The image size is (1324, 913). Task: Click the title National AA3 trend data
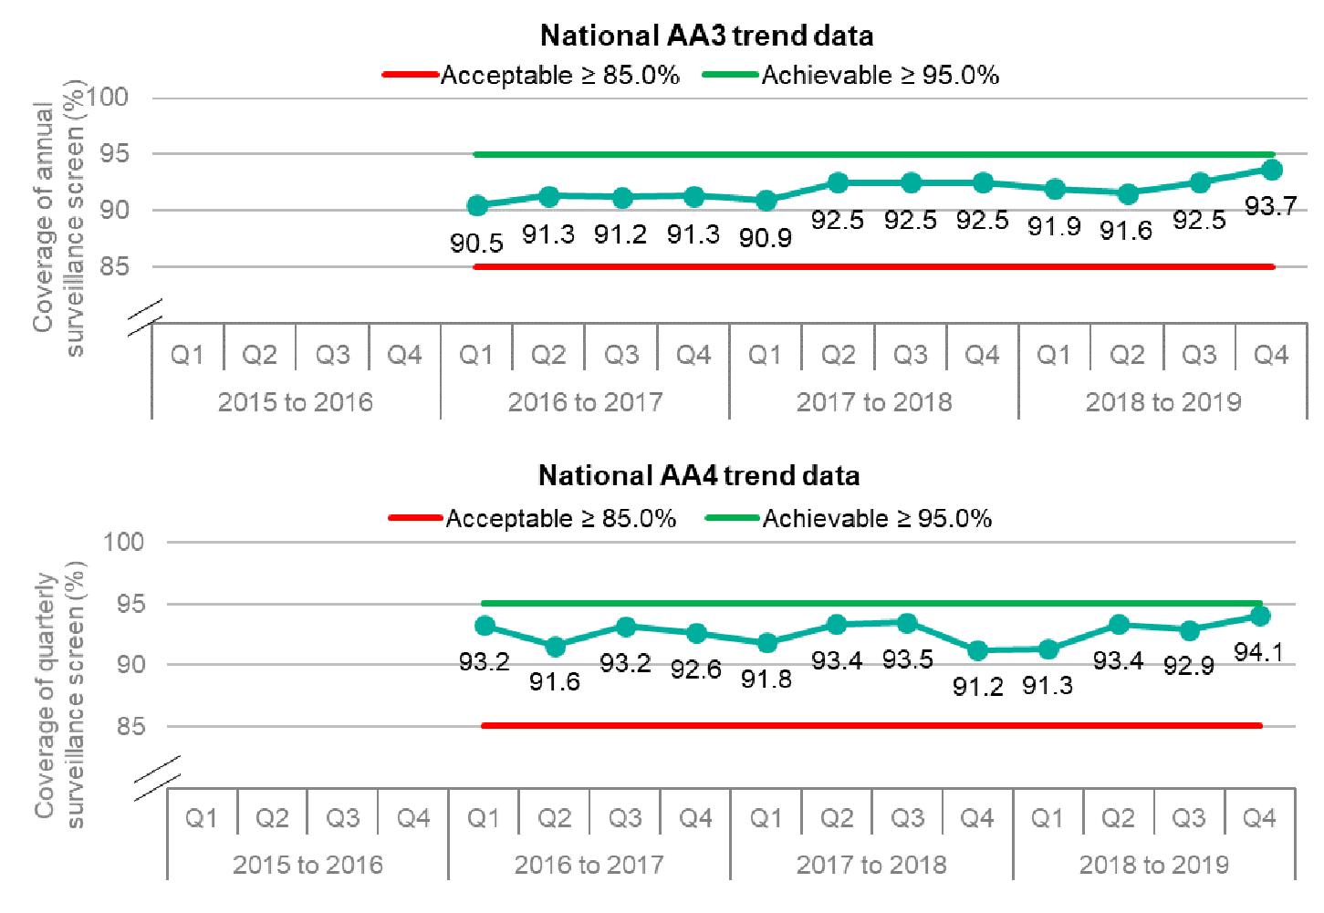[x=706, y=36]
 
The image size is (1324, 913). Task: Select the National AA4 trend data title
[x=698, y=475]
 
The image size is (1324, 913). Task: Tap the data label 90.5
[x=476, y=243]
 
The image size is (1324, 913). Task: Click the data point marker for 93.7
[x=1271, y=170]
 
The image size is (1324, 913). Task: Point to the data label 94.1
[x=1258, y=652]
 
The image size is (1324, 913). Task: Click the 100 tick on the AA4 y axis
[x=123, y=542]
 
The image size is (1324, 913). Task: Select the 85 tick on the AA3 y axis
[x=114, y=267]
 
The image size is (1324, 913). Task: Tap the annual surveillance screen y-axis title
[x=58, y=219]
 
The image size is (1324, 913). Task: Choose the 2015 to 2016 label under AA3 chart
[x=296, y=401]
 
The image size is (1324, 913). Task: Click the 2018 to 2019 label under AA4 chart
[x=1153, y=864]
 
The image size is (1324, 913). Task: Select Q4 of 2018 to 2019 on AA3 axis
[x=1271, y=355]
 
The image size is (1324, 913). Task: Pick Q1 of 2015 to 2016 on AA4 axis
[x=202, y=818]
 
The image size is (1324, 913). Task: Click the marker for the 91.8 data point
[x=767, y=643]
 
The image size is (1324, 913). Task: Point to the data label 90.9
[x=766, y=238]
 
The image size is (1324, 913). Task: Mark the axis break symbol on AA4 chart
[x=156, y=778]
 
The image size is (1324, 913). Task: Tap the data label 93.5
[x=907, y=659]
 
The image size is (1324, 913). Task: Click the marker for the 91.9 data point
[x=1055, y=190]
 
